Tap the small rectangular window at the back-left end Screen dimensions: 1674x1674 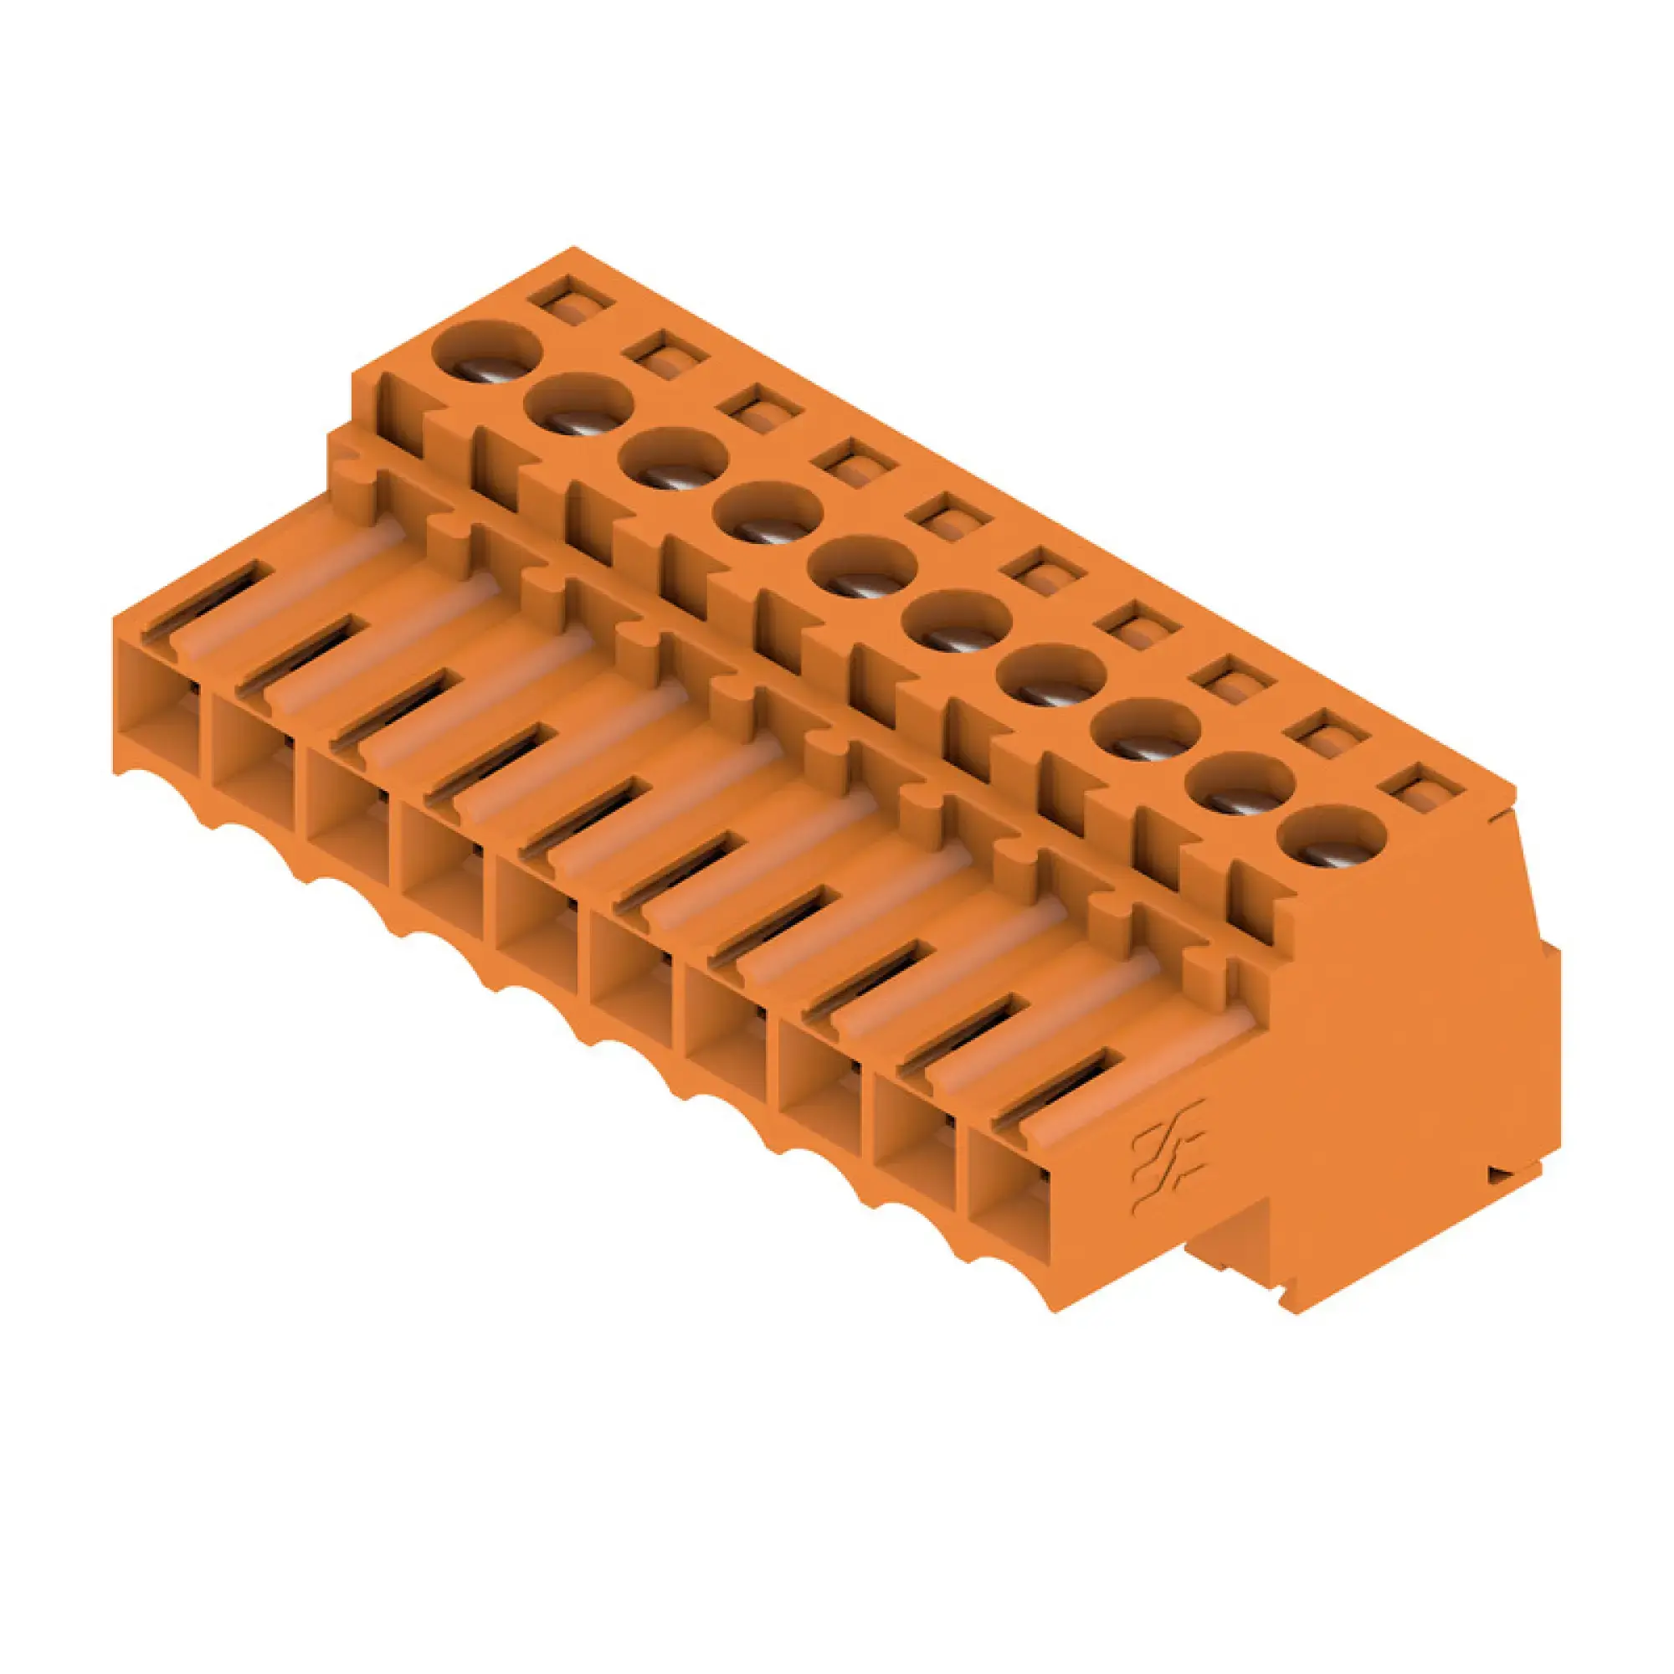[572, 303]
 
